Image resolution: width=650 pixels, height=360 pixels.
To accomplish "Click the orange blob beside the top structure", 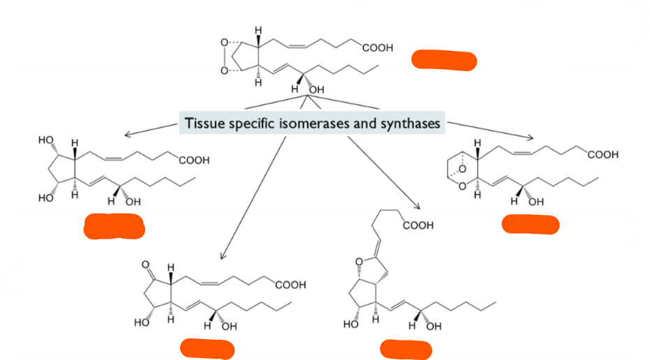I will coord(444,60).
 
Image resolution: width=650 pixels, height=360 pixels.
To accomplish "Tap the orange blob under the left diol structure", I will coord(113,227).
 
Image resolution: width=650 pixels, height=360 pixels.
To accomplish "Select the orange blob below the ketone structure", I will coord(207,348).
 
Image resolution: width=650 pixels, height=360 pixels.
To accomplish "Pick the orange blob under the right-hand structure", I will coord(531,224).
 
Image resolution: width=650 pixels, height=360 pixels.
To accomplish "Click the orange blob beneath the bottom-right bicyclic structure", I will coord(406,348).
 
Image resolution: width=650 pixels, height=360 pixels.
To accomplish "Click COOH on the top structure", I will coord(378,48).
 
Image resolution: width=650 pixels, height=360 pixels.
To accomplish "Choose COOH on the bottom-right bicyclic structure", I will coord(418,225).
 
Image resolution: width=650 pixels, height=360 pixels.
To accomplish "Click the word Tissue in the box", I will coord(202,124).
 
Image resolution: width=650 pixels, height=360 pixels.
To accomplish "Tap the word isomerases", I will coord(311,124).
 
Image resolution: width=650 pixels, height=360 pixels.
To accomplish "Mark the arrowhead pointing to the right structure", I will coord(530,137).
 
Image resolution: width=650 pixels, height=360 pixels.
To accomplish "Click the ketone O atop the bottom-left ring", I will coord(145,265).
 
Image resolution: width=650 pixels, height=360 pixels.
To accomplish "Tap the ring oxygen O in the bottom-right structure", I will coord(358,262).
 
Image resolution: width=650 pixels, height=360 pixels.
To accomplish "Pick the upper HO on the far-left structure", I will coord(46,140).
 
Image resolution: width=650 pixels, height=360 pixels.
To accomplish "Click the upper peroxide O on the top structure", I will coord(223,43).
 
